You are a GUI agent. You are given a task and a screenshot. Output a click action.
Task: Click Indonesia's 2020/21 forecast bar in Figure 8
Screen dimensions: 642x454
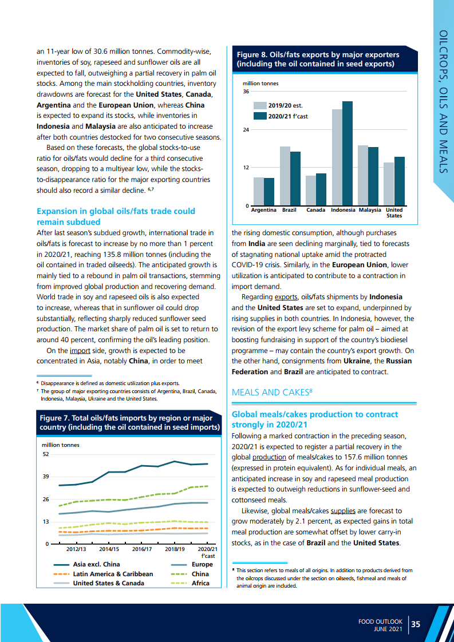(348, 153)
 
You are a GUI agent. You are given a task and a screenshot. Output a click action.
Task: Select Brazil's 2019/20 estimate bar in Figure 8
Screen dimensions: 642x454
(285, 176)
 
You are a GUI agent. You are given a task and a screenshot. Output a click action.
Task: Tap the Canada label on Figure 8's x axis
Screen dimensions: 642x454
(315, 210)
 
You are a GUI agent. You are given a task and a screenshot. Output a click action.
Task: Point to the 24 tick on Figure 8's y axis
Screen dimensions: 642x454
(246, 130)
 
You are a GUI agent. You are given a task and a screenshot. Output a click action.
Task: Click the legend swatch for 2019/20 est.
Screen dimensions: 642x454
(260, 105)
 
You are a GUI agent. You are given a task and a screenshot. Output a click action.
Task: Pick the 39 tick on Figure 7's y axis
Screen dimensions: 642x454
(46, 477)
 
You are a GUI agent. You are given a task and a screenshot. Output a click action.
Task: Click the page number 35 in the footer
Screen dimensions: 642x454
(416, 624)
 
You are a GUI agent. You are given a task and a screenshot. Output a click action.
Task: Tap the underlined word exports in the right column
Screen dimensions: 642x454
(286, 297)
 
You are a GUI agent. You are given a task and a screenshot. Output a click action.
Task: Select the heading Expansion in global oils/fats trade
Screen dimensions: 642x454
(115, 216)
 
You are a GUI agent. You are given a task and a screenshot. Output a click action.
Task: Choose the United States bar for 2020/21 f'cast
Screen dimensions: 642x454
(399, 181)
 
